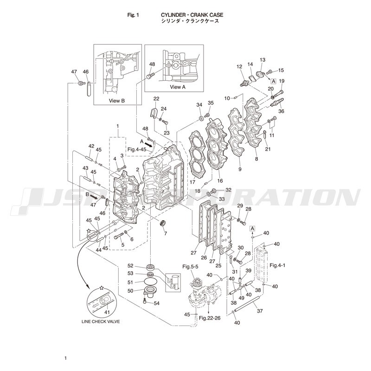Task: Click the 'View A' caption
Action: [x=177, y=87]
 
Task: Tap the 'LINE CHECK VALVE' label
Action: [x=97, y=321]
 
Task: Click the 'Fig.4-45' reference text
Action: [x=137, y=149]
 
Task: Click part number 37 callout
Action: [x=260, y=311]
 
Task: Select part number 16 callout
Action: [x=220, y=181]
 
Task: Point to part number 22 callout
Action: [x=156, y=99]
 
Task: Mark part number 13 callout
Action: [x=262, y=60]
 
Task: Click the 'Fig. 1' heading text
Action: [x=133, y=15]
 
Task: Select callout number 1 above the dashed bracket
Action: [x=118, y=126]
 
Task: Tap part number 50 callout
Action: [x=130, y=290]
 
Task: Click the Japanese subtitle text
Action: [x=189, y=21]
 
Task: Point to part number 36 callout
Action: [x=281, y=111]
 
